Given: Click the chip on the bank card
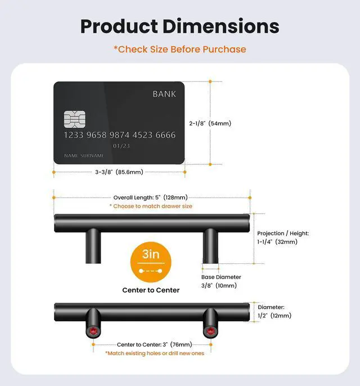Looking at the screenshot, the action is pos(75,119).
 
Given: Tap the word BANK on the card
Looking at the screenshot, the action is pos(164,94).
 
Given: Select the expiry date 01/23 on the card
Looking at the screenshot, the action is pos(121,146).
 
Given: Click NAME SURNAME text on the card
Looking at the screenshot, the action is pos(84,155).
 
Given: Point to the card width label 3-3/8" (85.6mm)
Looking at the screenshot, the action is pos(119,172).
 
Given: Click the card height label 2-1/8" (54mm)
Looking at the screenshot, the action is pos(210,123).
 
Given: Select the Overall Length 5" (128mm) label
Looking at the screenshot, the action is pos(150,198).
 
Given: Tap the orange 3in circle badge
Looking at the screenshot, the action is pos(151,262).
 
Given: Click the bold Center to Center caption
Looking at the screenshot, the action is pos(151,290).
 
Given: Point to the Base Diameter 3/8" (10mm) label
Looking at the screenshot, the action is pos(221,281).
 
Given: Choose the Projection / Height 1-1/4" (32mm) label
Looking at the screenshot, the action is pos(283,237).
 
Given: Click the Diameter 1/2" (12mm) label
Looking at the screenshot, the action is pos(274,311).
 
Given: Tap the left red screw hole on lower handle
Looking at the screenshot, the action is pos(93,331).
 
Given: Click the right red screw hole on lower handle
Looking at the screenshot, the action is pos(210,331).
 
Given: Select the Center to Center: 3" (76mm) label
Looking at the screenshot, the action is pos(154,344).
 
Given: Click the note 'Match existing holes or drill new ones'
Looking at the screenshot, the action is pos(155,353).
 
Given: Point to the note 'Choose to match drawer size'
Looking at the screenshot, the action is pos(151,206).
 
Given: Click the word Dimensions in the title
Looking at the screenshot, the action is pos(220,26).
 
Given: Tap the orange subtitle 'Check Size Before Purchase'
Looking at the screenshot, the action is pos(180,50).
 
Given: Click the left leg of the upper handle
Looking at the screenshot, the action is pos(93,246).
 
